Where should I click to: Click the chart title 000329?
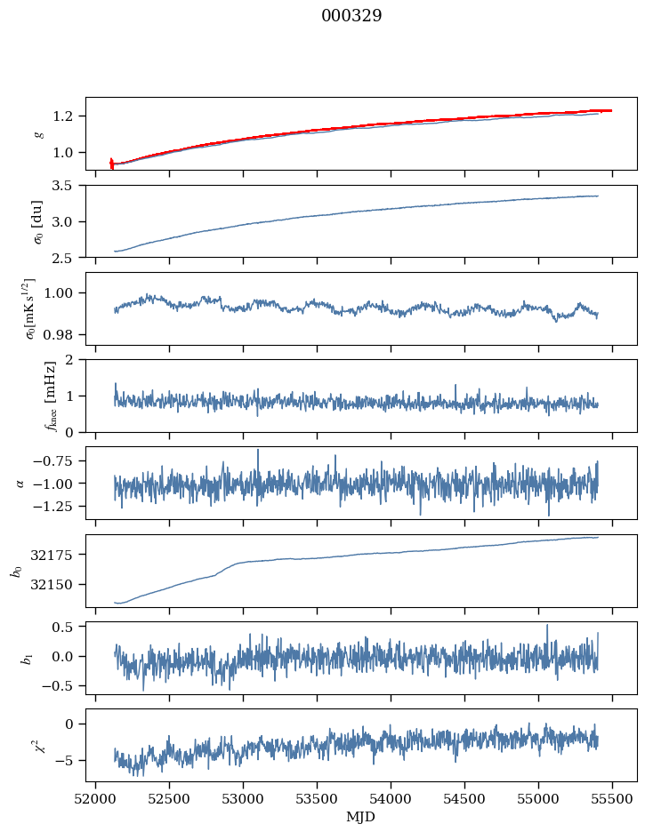pos(351,16)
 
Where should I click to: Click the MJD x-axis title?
pos(361,816)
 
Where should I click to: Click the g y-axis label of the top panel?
pos(38,133)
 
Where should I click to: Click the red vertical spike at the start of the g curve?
pos(111,163)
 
